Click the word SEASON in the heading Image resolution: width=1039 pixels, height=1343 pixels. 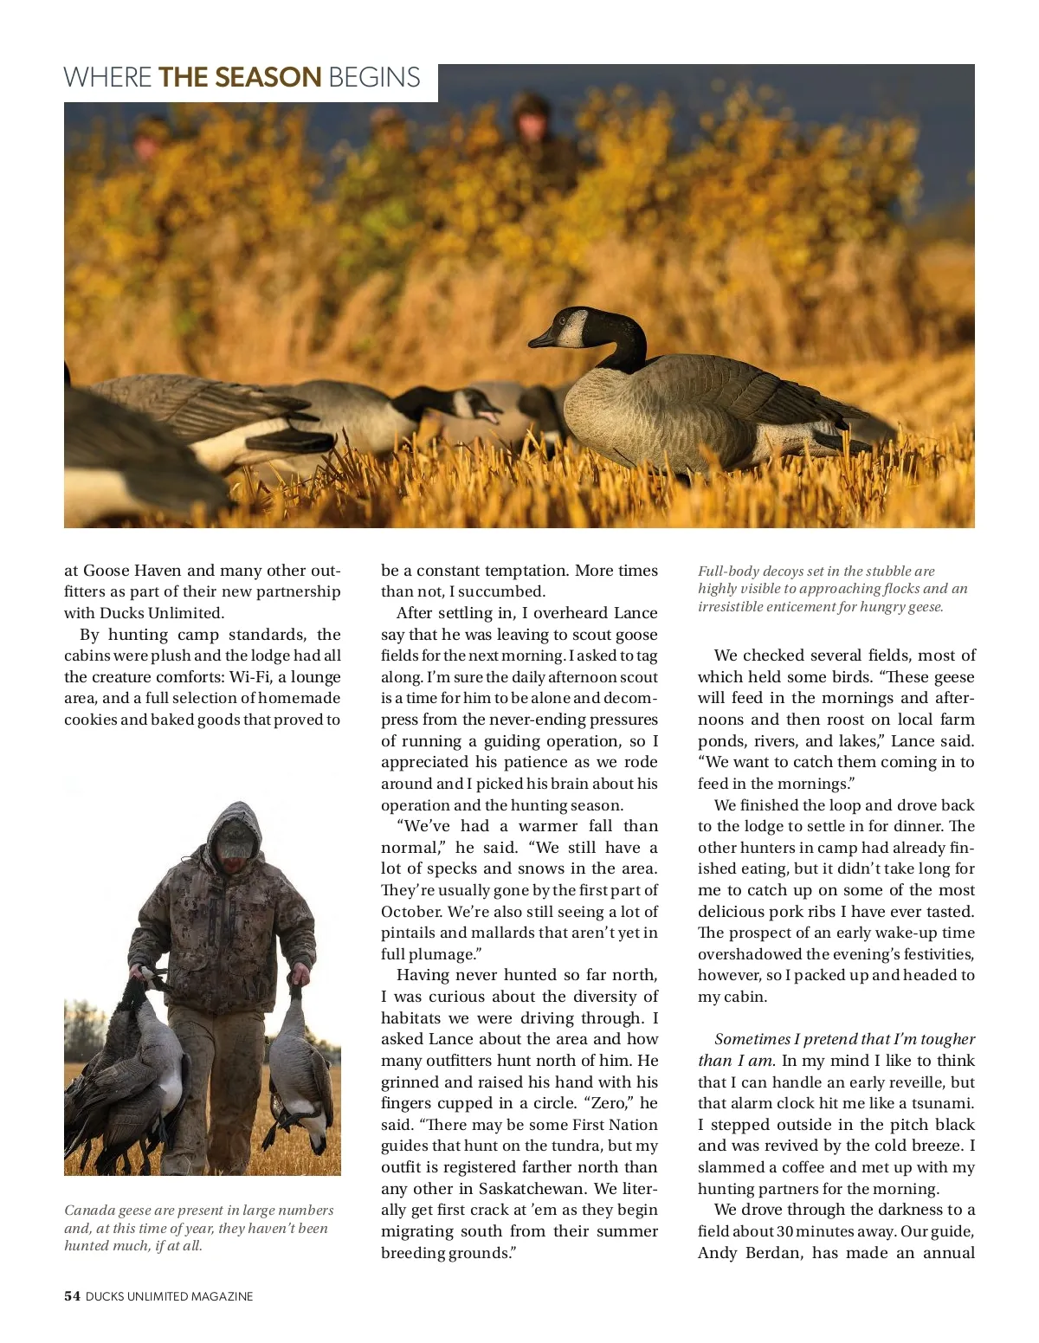[268, 78]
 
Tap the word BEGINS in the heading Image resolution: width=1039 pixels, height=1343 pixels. [374, 78]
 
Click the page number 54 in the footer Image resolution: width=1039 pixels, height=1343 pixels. [72, 1296]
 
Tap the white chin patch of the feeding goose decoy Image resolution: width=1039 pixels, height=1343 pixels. [465, 403]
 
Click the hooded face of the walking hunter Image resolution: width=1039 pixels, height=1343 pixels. [235, 841]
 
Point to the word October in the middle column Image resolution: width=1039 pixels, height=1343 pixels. [411, 912]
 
